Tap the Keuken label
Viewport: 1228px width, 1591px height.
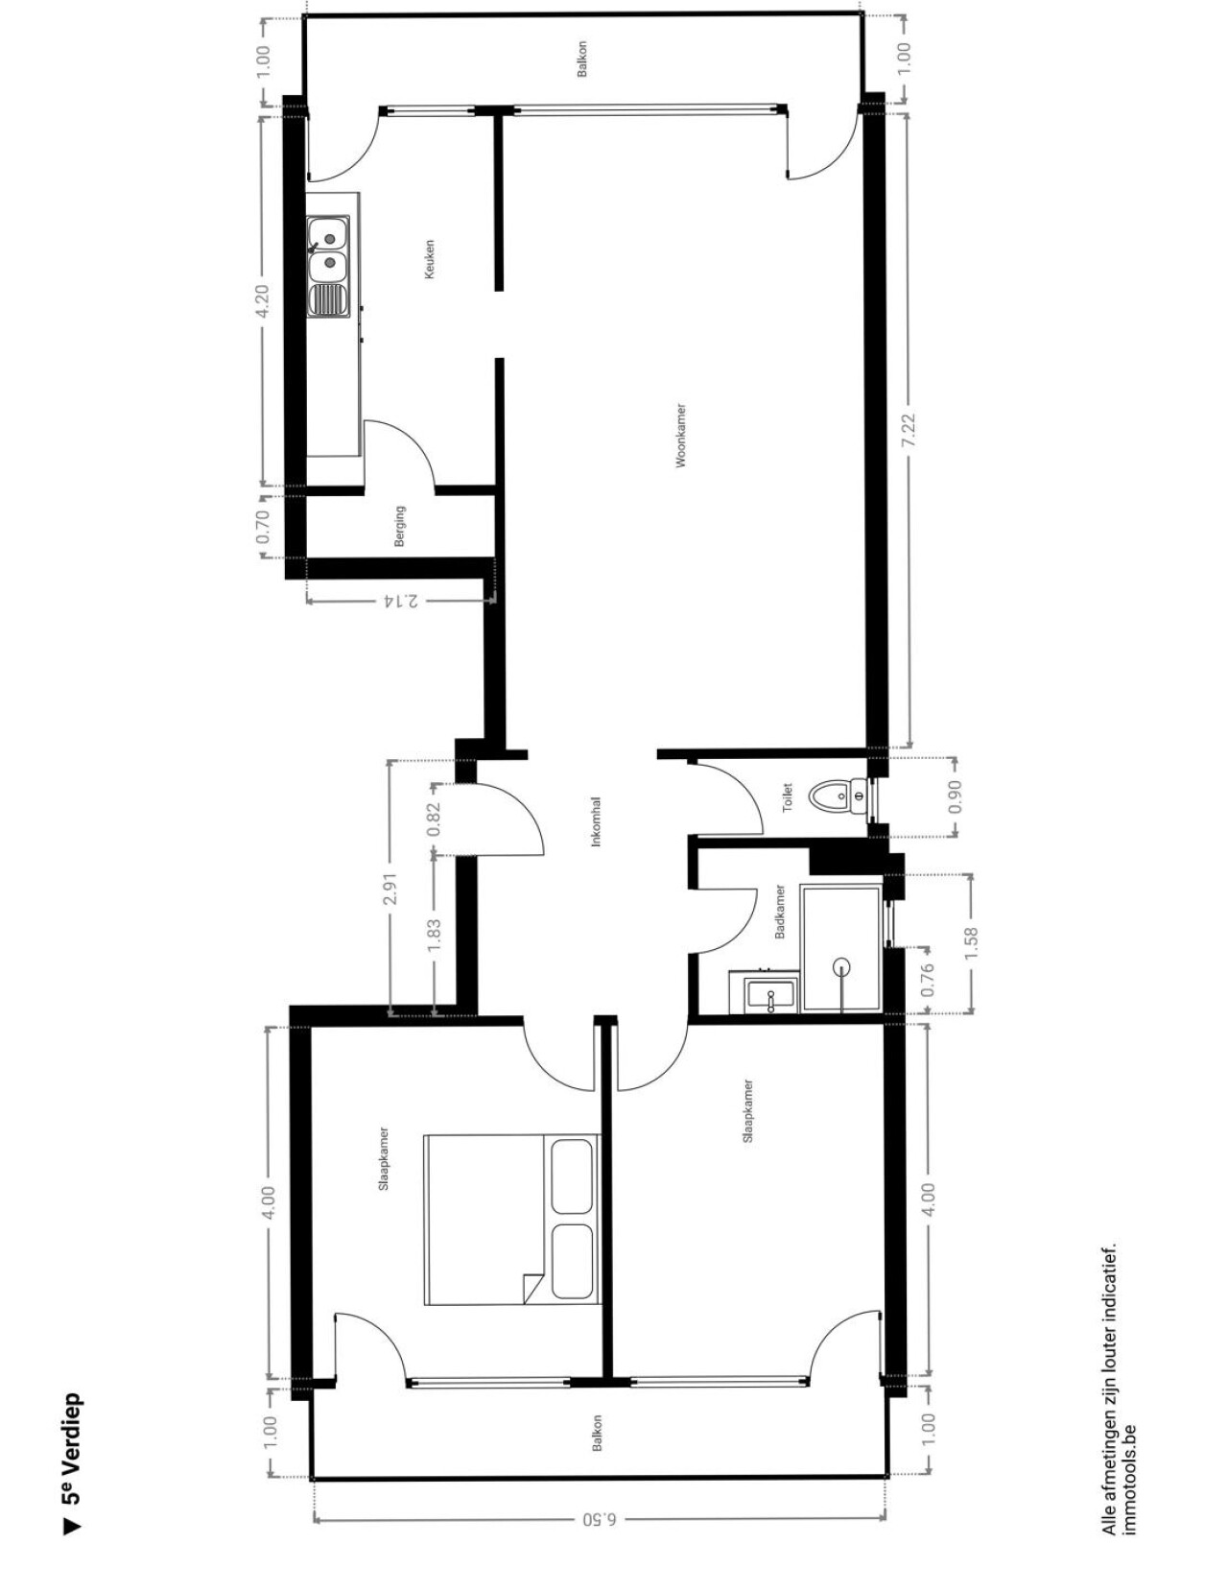(x=430, y=259)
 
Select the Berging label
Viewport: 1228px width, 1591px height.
(x=399, y=526)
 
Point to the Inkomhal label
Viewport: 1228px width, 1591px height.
(x=597, y=821)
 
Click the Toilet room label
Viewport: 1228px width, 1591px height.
(x=788, y=797)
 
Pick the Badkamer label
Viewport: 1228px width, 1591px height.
(x=780, y=912)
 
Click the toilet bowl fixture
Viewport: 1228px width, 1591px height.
(x=840, y=795)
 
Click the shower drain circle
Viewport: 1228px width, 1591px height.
(x=843, y=968)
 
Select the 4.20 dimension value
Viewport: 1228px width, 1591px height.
(x=264, y=301)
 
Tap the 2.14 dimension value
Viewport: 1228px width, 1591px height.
(x=401, y=601)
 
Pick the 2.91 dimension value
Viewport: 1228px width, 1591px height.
(x=390, y=889)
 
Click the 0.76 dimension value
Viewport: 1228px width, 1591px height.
(x=927, y=979)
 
